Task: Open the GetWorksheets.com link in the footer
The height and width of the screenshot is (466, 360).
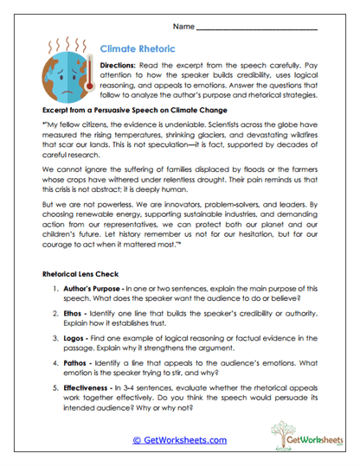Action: [x=180, y=440]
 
